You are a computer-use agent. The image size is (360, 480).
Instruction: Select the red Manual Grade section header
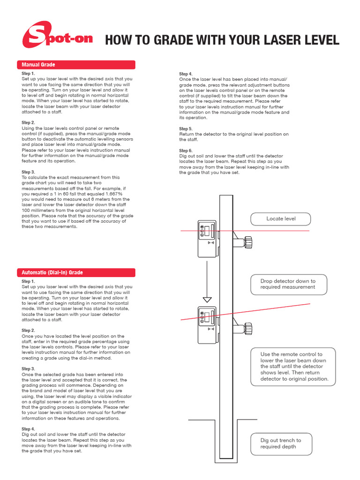pos(76,65)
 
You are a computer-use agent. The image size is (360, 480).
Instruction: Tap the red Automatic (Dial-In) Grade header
pos(76,272)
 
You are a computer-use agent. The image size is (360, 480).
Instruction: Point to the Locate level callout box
pos(281,218)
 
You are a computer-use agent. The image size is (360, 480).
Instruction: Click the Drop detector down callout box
pos(288,284)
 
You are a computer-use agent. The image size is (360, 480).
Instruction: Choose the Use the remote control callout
pos(293,367)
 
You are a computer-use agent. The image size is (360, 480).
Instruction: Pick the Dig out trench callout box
pos(281,443)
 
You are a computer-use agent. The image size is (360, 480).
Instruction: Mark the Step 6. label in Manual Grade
pos(186,150)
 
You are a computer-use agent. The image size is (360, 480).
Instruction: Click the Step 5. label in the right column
pos(186,128)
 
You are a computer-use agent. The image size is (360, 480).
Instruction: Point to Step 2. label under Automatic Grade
pos(28,330)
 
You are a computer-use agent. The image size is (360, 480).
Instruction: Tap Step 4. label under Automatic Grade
pos(28,429)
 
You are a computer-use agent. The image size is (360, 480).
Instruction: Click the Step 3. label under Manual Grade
pos(28,172)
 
